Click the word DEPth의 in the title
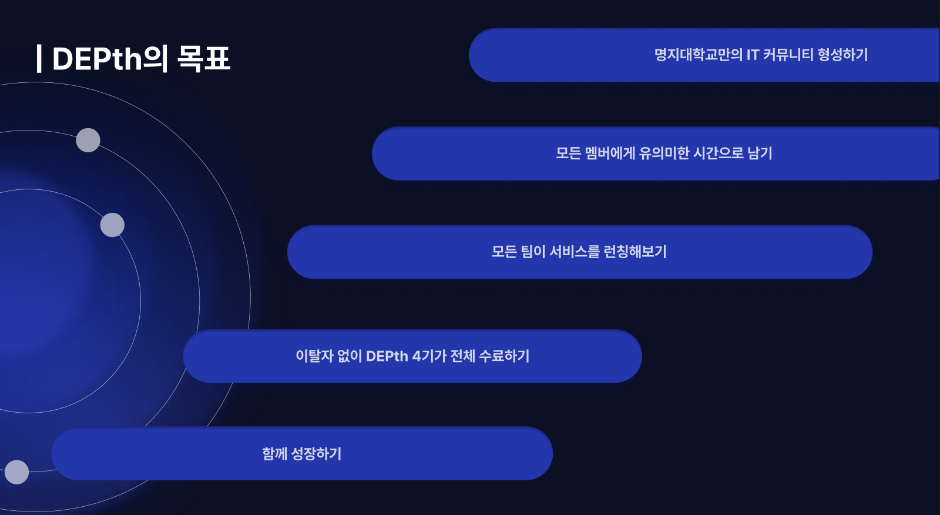point(110,59)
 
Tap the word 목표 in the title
point(203,59)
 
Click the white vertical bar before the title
point(39,59)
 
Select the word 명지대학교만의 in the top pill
point(698,55)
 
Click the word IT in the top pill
point(753,55)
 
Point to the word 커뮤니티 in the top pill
point(788,55)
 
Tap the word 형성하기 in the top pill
point(842,55)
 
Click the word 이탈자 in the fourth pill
point(314,356)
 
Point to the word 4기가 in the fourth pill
point(429,356)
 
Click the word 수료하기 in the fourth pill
point(504,356)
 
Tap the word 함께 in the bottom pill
point(274,454)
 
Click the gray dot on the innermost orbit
point(112,225)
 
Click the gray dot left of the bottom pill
point(16,472)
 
